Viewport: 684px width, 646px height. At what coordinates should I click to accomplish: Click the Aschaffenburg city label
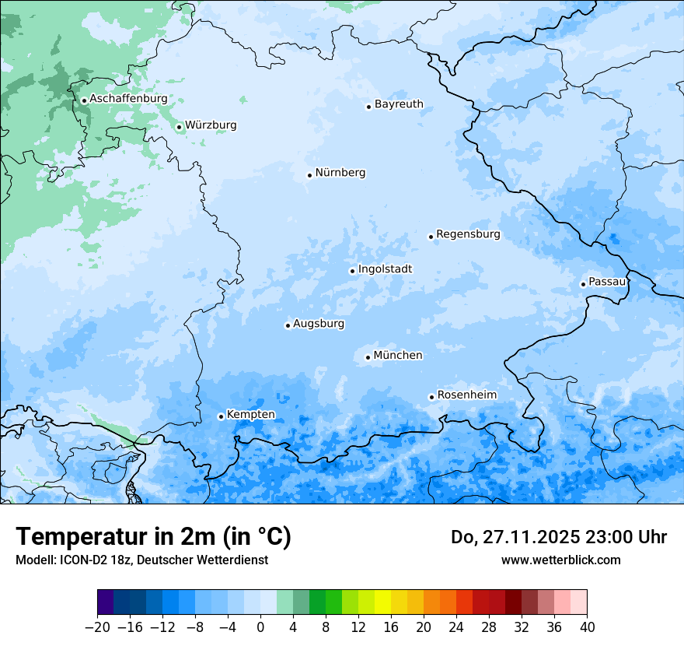tap(128, 99)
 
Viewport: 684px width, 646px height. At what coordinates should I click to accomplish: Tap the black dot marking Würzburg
tap(179, 127)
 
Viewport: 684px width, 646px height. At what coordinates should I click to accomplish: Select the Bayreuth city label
tap(399, 104)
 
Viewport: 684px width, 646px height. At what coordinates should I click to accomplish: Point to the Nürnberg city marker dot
tap(309, 175)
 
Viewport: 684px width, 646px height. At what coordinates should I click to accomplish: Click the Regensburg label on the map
tap(468, 234)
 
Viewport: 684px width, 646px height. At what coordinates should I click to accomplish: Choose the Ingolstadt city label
tap(385, 269)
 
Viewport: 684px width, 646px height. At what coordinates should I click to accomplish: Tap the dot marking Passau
tap(583, 284)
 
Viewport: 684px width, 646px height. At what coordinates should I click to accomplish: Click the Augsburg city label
tap(319, 324)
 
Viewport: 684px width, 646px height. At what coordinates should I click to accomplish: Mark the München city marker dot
tap(368, 358)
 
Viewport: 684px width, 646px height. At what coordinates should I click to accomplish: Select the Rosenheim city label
tap(466, 395)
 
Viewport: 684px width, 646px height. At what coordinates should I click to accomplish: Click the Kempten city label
tap(250, 415)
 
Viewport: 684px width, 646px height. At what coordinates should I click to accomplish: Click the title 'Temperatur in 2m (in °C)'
tap(153, 537)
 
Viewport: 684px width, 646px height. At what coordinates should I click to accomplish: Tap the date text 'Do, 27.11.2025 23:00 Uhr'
tap(559, 537)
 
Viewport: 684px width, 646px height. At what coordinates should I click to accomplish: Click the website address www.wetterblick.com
tap(560, 560)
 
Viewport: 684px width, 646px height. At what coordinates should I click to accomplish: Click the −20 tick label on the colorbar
tap(97, 627)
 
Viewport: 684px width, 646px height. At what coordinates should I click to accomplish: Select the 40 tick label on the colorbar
tap(587, 627)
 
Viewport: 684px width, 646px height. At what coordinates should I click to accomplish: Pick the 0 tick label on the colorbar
tap(260, 627)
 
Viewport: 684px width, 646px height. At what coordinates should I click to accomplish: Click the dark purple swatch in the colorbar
tap(106, 602)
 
